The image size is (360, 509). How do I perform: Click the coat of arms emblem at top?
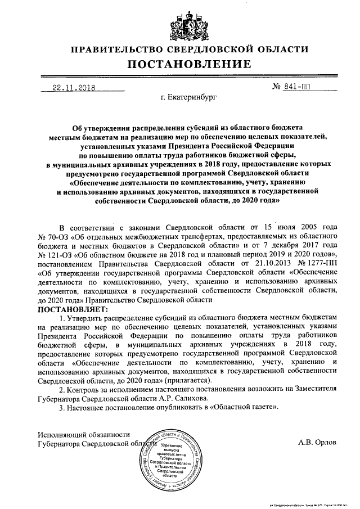pyautogui.click(x=179, y=22)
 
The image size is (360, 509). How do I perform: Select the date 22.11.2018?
pyautogui.click(x=73, y=87)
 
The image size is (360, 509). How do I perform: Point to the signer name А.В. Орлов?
pyautogui.click(x=317, y=442)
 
